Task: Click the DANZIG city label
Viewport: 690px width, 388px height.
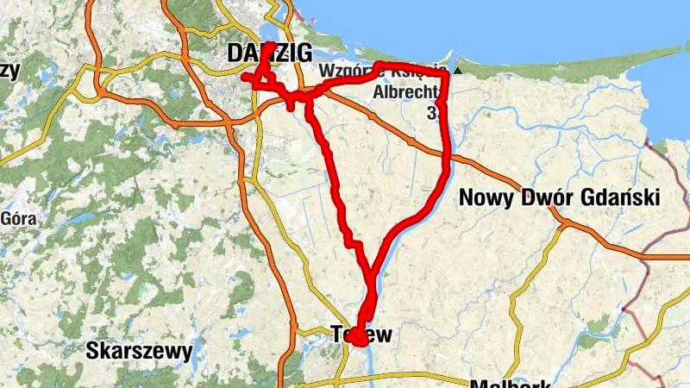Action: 257,53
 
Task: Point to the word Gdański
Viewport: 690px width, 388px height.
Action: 619,198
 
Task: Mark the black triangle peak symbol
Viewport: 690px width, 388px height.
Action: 457,72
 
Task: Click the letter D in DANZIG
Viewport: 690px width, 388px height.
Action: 234,53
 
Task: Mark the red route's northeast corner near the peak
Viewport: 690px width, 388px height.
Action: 447,75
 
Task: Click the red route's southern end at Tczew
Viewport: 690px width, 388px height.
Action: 356,341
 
